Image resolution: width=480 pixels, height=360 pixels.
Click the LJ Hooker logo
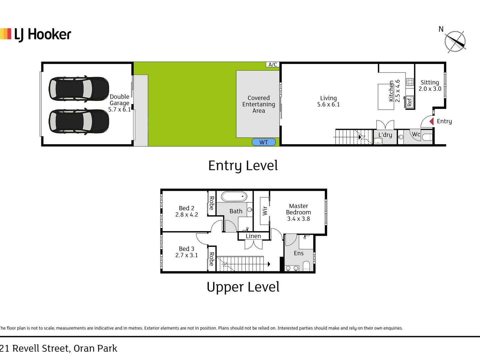36,34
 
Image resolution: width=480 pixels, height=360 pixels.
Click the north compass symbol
455,41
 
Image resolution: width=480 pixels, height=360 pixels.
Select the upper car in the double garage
79,89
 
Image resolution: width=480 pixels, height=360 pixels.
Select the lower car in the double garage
79,121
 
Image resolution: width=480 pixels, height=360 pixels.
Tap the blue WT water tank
264,142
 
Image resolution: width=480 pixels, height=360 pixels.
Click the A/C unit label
273,65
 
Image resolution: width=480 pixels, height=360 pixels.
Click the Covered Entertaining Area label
259,104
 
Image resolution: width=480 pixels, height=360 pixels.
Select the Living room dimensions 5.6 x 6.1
328,105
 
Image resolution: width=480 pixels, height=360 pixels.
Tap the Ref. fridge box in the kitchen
410,102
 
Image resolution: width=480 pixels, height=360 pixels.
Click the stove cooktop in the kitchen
410,82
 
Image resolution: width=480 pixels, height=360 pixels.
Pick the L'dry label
385,135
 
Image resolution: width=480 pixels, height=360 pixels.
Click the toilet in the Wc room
427,137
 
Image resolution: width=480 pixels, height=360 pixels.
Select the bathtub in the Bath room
234,197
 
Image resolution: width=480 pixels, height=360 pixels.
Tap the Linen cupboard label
253,236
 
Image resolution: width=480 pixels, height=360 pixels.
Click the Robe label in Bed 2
211,203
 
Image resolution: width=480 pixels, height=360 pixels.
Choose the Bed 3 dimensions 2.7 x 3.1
187,255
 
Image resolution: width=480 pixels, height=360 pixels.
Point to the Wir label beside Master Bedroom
265,211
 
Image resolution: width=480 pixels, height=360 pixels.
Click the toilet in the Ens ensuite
306,266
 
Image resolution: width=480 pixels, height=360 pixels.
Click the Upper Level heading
243,287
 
